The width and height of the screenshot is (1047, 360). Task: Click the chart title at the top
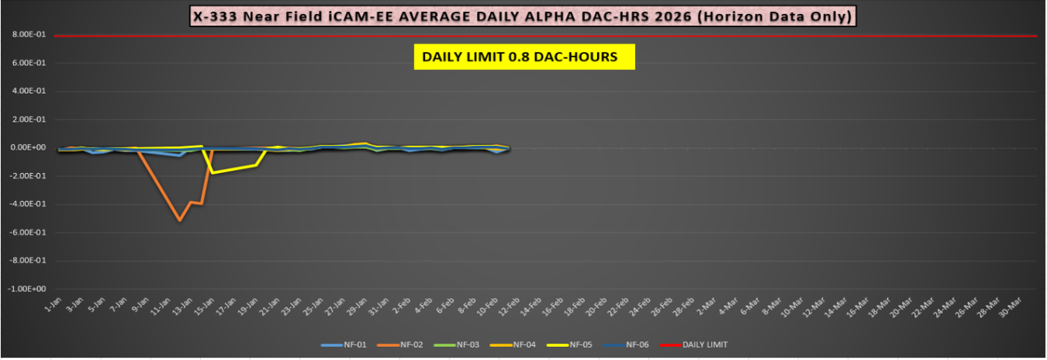click(x=523, y=16)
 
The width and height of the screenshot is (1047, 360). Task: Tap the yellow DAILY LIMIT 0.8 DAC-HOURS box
click(x=524, y=57)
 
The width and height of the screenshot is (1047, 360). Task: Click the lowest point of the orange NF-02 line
click(x=180, y=220)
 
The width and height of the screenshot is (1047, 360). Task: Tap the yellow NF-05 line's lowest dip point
click(x=213, y=173)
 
